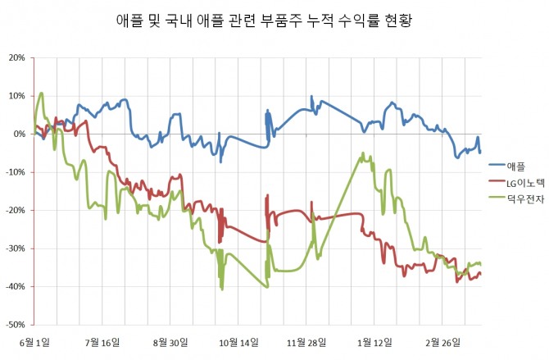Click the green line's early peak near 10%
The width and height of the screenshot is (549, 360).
tap(41, 93)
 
